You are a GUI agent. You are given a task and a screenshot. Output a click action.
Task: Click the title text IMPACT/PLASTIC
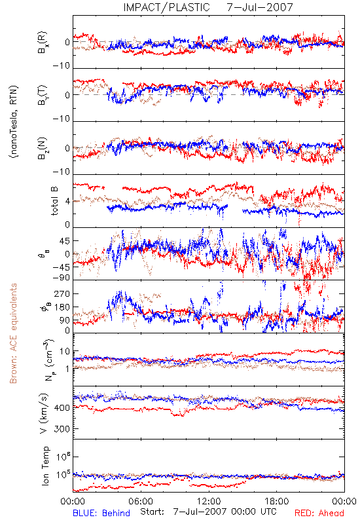166,7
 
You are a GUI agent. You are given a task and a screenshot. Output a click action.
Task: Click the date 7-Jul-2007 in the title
260,7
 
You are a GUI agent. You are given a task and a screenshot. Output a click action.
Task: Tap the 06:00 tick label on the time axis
141,501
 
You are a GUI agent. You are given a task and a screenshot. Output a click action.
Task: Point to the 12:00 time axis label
209,501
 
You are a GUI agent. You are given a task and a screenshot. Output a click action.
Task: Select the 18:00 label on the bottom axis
277,501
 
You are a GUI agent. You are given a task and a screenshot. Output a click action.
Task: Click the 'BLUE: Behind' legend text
101,513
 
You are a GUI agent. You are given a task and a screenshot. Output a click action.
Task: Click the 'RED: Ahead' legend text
319,513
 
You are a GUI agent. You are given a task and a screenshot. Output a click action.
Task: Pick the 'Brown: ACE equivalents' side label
13,333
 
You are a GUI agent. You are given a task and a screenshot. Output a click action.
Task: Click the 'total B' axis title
54,201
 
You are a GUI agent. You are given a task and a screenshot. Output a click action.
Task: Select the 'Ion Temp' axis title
45,466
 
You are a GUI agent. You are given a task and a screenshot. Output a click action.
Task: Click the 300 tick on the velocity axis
62,429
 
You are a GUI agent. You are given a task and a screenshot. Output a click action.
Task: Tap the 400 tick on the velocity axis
62,407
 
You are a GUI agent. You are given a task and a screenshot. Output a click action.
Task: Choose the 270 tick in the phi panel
62,293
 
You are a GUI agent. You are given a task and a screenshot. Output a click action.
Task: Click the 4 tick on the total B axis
68,202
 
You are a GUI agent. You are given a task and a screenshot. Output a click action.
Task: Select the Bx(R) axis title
43,42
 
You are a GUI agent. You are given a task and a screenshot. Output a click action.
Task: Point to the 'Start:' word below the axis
153,512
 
